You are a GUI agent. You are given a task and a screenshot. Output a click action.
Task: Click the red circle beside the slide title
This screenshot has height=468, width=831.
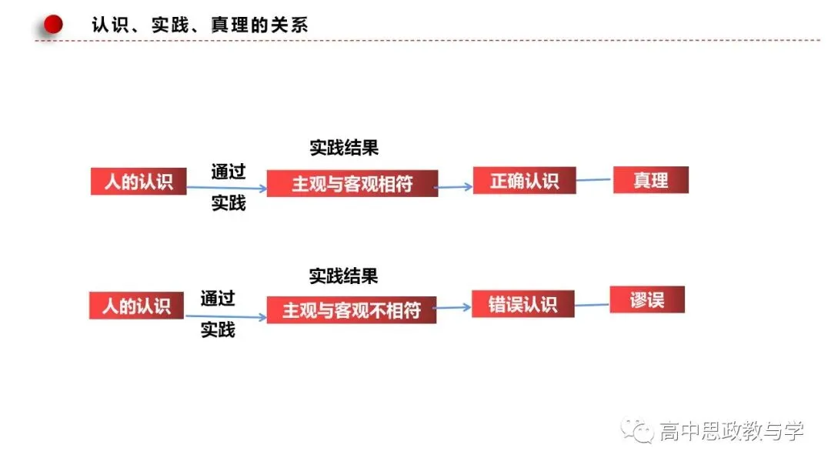tap(53, 25)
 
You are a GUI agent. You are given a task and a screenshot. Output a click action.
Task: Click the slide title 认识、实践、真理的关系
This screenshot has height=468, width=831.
tap(200, 25)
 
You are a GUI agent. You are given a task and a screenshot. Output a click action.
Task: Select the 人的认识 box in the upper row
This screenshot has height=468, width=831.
tap(138, 181)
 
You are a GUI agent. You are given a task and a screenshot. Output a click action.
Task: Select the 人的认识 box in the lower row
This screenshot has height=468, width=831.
tap(137, 306)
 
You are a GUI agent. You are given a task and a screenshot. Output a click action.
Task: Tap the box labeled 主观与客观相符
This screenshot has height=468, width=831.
tap(352, 183)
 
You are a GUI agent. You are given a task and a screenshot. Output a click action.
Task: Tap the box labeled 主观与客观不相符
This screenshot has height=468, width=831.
tap(352, 309)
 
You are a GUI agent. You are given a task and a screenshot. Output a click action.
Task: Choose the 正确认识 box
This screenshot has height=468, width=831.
tap(525, 180)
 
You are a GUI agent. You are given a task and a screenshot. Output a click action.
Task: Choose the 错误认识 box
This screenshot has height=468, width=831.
tap(523, 304)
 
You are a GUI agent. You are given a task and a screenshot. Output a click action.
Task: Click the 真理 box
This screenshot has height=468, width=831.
tap(651, 179)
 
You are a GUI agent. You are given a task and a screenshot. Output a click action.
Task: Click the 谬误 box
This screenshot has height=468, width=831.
tap(647, 299)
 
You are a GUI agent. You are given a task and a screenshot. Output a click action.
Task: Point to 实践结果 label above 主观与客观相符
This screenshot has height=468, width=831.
tap(344, 147)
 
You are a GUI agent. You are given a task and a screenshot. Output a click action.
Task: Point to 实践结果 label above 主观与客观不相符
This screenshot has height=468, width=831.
tap(343, 276)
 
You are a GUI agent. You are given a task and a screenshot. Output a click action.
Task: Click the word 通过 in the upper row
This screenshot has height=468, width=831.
tap(229, 171)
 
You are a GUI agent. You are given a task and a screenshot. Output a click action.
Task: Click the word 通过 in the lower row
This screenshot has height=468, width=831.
tap(218, 298)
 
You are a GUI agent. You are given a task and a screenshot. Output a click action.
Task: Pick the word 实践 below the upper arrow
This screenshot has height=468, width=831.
tap(229, 202)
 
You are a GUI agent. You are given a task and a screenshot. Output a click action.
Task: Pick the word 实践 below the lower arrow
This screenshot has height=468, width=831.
tap(218, 329)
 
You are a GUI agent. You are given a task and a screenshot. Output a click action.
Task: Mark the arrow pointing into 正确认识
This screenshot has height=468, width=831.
tap(454, 186)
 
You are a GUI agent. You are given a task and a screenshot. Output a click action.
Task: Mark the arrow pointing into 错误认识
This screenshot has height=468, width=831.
tap(452, 307)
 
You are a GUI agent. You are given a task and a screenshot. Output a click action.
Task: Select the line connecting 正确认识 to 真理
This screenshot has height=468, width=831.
tap(594, 179)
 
